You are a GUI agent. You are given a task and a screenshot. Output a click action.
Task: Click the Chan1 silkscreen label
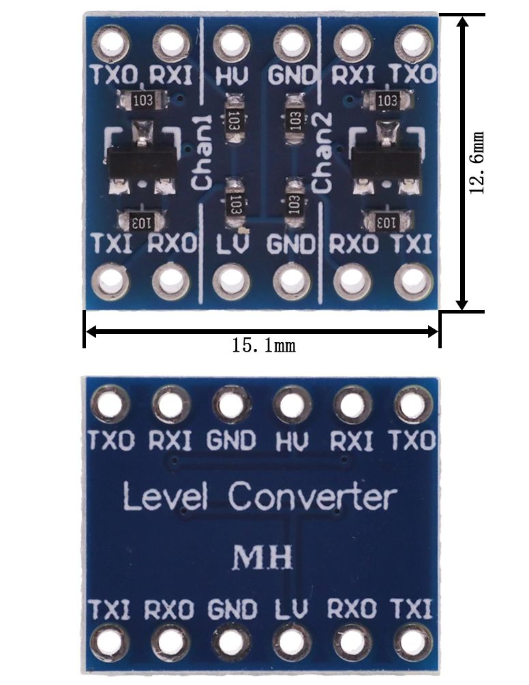pyautogui.click(x=202, y=153)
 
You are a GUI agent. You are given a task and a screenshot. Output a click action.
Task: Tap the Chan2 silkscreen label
pyautogui.click(x=323, y=152)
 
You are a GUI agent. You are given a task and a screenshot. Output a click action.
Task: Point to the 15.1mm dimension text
pyautogui.click(x=263, y=346)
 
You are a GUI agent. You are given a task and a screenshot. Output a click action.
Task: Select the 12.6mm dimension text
pyautogui.click(x=477, y=162)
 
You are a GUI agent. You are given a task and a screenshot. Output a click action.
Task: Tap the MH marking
pyautogui.click(x=262, y=557)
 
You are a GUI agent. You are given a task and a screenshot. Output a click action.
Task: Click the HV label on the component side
pyautogui.click(x=232, y=75)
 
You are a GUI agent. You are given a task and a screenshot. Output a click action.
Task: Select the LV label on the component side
pyautogui.click(x=233, y=244)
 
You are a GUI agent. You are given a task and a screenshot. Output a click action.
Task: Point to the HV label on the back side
pyautogui.click(x=292, y=440)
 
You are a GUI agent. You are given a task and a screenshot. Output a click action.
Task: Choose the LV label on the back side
pyautogui.click(x=292, y=609)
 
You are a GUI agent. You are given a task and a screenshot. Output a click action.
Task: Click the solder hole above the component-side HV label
pyautogui.click(x=232, y=43)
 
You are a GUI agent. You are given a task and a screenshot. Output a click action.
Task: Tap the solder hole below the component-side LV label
pyautogui.click(x=232, y=281)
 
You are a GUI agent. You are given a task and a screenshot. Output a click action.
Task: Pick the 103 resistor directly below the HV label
pyautogui.click(x=234, y=119)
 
